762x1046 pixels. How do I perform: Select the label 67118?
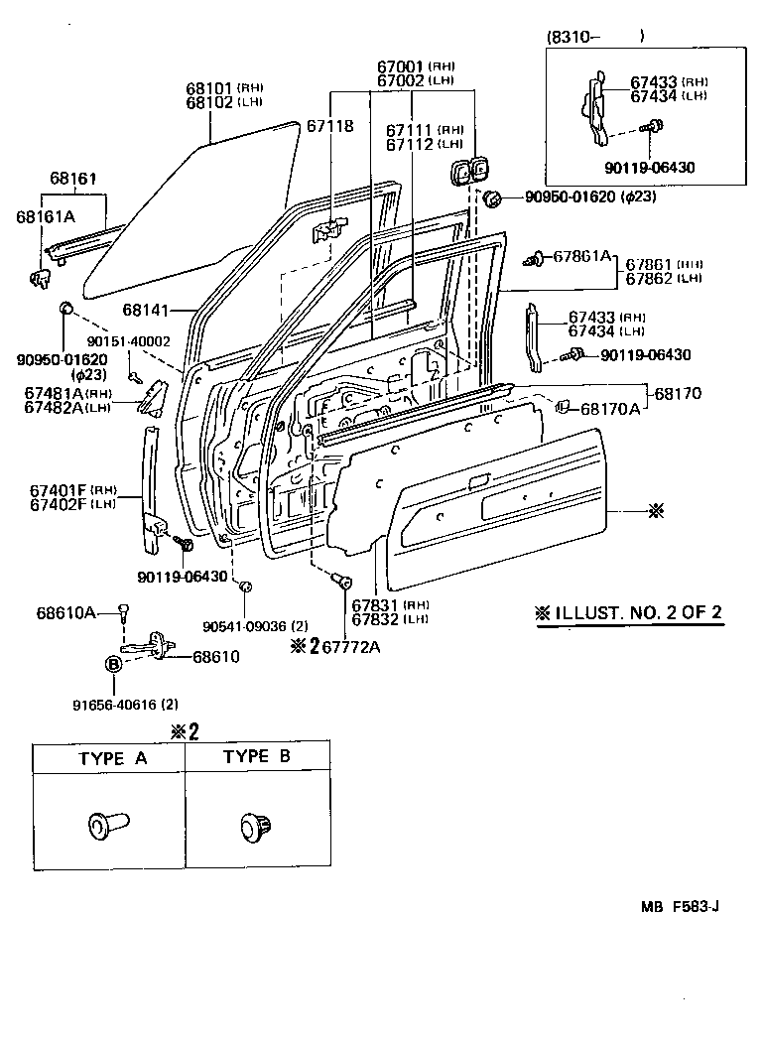(328, 126)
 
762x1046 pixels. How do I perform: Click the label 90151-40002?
(130, 342)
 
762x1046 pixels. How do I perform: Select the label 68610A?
(65, 613)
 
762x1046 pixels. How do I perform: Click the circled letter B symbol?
(113, 664)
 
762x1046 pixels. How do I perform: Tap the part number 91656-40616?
(112, 706)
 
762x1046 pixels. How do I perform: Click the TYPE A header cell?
(112, 758)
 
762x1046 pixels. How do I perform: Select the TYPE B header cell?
(256, 756)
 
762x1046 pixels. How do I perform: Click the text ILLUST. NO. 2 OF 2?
(629, 612)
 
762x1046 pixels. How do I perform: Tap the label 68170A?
(611, 408)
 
